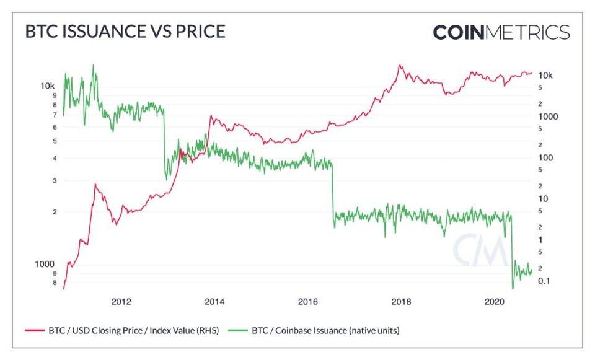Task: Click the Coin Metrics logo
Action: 501,32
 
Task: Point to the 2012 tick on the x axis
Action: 121,302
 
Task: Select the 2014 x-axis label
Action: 214,302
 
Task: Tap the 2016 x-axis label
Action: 308,302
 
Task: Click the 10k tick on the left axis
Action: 48,86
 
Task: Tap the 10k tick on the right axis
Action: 545,76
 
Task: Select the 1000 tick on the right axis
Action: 549,116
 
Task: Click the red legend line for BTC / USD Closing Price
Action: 34,330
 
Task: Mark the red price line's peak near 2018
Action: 400,64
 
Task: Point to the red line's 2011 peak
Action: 95,184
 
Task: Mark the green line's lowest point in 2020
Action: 513,288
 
